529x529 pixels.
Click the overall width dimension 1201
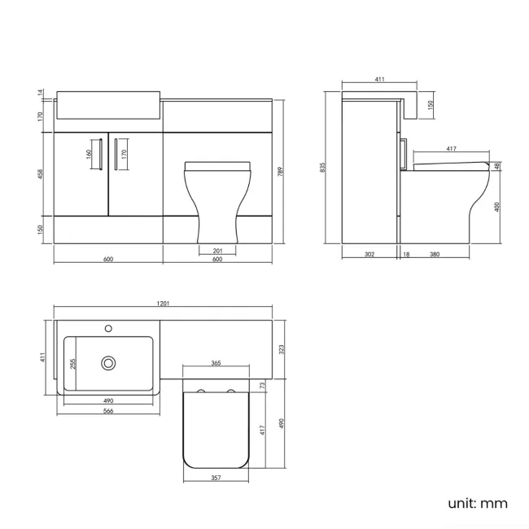[x=163, y=304]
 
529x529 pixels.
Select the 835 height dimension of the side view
[x=323, y=167]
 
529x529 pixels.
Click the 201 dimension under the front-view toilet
[x=217, y=250]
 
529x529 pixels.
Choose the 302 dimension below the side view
[x=369, y=255]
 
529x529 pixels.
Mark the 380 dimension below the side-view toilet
[x=435, y=255]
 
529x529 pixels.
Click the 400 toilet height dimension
[x=497, y=208]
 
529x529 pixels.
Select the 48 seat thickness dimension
[x=497, y=166]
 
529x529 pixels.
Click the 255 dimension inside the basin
[x=72, y=363]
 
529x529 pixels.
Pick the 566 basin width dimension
[x=107, y=411]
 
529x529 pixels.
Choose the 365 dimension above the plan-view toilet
[x=216, y=362]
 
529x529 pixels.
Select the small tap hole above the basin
[x=108, y=329]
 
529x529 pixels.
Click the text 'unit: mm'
[x=477, y=503]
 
